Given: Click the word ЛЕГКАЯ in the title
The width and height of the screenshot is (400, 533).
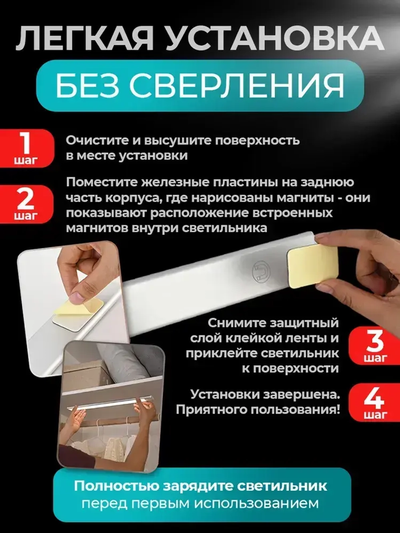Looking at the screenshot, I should coord(84,39).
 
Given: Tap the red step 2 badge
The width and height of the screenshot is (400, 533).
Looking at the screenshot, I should coord(26,204).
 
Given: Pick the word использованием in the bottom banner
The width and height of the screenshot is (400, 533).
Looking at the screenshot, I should coord(256,503).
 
